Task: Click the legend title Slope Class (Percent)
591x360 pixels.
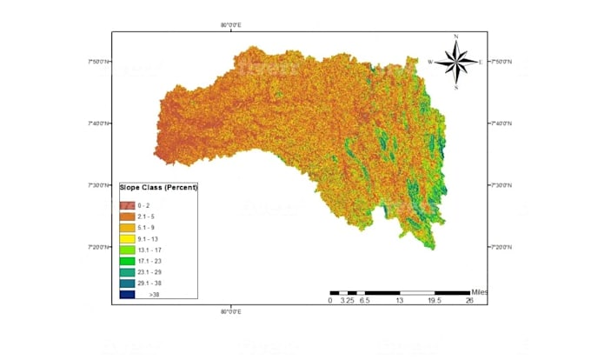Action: (158, 188)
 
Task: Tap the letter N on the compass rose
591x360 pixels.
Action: (456, 37)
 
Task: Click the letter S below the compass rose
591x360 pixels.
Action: (456, 88)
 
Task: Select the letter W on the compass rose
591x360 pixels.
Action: (430, 63)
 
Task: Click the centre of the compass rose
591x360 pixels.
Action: (456, 62)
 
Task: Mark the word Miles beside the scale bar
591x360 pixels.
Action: (481, 291)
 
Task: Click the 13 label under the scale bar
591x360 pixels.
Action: (399, 301)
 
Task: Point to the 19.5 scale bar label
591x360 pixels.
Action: (434, 301)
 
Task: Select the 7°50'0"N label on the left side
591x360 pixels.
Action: (97, 62)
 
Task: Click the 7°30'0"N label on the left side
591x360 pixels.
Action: (97, 185)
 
